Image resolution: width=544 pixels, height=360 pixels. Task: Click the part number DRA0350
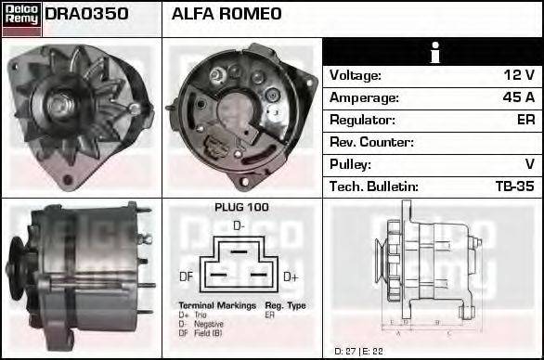[x=86, y=15]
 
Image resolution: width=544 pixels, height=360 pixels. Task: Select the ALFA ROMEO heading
[x=227, y=15]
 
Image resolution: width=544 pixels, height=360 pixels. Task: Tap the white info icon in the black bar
[x=433, y=53]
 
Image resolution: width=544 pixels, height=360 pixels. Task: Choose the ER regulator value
[x=525, y=120]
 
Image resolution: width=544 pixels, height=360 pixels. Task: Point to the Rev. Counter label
[x=371, y=142]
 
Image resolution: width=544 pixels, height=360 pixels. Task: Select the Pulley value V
[x=529, y=164]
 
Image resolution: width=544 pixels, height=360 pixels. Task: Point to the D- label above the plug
[x=239, y=225]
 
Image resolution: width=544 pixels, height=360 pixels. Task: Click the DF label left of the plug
[x=186, y=276]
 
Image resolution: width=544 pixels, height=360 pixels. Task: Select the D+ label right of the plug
[x=290, y=276]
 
